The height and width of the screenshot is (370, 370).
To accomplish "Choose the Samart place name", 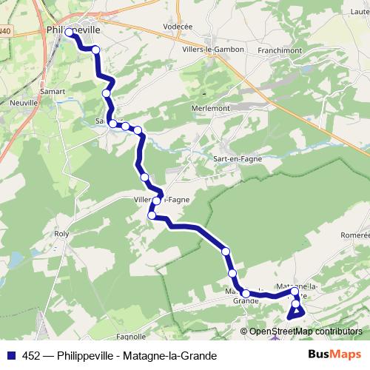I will [53, 91].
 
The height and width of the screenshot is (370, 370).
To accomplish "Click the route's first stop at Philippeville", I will [70, 33].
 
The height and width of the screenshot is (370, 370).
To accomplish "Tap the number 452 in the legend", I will [32, 354].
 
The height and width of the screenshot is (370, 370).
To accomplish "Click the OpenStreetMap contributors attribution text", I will [306, 331].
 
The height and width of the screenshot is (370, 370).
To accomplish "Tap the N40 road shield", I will [6, 31].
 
